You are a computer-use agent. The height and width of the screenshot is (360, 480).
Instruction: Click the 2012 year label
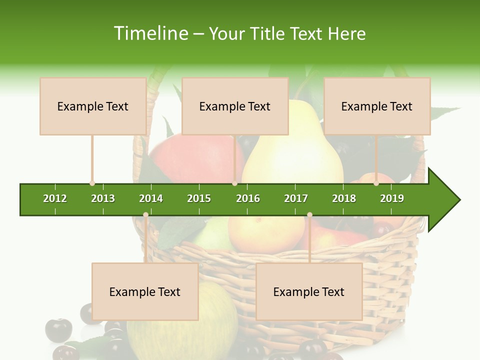(55, 198)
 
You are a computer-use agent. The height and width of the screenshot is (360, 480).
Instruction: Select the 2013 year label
(103, 198)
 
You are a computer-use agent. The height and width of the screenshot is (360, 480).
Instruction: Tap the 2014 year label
(151, 198)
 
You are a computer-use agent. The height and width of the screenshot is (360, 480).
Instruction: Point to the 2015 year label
(199, 198)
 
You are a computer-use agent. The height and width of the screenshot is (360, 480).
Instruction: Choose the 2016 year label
(248, 198)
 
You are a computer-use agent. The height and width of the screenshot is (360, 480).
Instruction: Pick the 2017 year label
(296, 198)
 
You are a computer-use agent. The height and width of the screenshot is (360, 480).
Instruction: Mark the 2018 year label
(344, 198)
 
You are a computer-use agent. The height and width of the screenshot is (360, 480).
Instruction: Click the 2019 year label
(392, 198)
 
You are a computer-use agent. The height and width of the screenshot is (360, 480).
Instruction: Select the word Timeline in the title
(150, 33)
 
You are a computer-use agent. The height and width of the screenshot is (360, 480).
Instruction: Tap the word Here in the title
(346, 33)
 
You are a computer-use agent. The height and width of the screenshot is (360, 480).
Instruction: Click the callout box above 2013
(93, 106)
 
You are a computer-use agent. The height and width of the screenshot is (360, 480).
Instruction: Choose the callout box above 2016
(235, 106)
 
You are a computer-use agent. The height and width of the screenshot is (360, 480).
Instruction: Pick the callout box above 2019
(377, 106)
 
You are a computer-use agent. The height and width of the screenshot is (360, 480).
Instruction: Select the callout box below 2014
(145, 291)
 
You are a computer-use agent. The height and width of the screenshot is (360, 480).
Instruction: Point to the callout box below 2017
(309, 291)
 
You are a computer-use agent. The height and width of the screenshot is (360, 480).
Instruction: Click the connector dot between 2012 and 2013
(92, 183)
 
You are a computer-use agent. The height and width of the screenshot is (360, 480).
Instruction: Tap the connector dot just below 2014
(145, 215)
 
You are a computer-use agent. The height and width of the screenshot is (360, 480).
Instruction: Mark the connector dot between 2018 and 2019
(376, 183)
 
